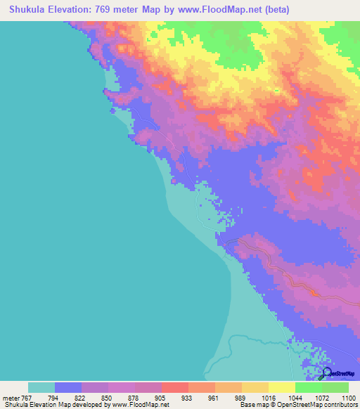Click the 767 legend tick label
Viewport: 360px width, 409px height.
[25, 397]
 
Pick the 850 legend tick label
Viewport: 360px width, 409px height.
[107, 397]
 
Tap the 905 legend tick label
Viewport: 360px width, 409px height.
[161, 397]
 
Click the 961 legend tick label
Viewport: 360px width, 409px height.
[214, 397]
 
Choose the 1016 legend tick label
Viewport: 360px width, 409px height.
[268, 397]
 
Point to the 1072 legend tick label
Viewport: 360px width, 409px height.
[321, 397]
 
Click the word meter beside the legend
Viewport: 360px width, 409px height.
[11, 397]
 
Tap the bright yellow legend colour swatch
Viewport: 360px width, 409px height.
[281, 387]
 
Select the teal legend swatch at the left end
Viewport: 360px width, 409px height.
[41, 387]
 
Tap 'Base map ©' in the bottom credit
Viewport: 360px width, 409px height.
[255, 405]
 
